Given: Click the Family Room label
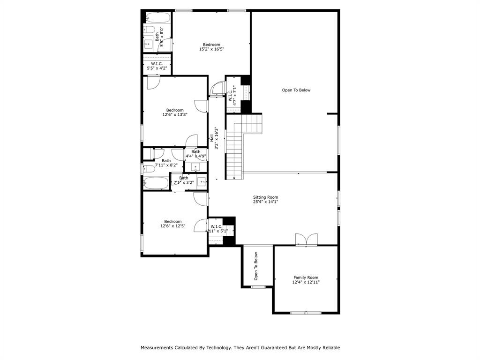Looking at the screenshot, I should point(306,277).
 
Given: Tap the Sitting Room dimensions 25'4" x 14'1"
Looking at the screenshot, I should point(266,202).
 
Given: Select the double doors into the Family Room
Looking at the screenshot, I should point(306,240).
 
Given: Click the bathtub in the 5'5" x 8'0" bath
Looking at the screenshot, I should point(157,18).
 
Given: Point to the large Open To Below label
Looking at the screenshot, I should point(296,90).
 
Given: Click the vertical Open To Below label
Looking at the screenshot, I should point(256,266).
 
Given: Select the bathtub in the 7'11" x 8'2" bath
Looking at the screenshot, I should point(156,183).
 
